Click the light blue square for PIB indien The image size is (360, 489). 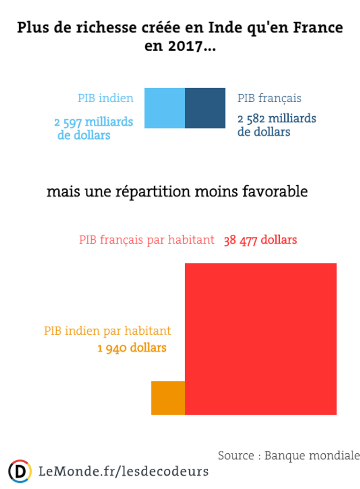point(165,108)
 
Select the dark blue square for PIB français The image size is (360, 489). point(205,108)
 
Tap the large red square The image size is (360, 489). point(261,339)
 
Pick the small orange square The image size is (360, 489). point(168,398)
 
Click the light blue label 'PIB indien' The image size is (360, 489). point(105,98)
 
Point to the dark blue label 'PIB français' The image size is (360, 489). point(270,98)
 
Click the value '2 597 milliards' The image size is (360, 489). point(94,122)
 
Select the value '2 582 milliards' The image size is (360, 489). point(277,119)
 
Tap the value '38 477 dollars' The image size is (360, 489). point(261,240)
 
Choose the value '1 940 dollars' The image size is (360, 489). point(132,348)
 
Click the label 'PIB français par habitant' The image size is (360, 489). point(147,240)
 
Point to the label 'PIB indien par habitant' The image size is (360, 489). point(108,331)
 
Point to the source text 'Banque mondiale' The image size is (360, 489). point(312,455)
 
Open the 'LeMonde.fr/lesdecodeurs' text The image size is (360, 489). point(124,471)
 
